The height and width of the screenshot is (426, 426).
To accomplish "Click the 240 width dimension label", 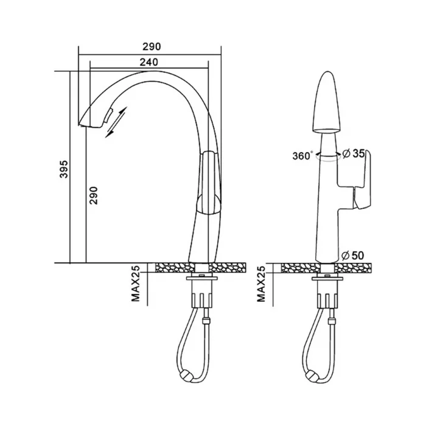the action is [148, 62].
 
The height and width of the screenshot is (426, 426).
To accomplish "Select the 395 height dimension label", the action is [64, 169].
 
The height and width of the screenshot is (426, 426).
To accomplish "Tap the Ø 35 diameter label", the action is [353, 153].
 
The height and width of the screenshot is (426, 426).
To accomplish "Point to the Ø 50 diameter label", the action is [352, 256].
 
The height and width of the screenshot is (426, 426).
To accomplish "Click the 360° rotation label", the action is [302, 156].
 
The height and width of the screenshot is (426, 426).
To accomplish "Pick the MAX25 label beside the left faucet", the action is [136, 284].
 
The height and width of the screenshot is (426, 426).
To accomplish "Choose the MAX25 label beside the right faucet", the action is [261, 284].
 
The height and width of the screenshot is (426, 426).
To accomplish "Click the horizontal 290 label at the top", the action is [152, 46].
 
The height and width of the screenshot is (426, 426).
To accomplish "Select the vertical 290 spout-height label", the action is [93, 195].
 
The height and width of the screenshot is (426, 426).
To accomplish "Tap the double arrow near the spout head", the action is [116, 122].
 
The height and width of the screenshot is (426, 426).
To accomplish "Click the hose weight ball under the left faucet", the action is [186, 377].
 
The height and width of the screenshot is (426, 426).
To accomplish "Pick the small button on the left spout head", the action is [108, 116].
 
